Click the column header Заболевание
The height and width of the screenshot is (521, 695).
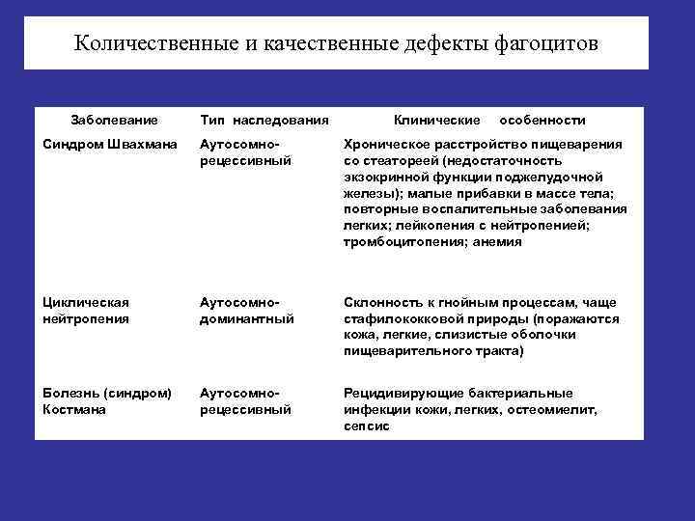coord(114,120)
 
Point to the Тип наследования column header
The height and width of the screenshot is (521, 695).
coord(264,120)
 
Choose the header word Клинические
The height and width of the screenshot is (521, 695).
coord(437,120)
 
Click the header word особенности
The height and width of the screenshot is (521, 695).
coord(543,120)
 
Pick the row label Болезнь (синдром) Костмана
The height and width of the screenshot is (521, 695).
coord(107,400)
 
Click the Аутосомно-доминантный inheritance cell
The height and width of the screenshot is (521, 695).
coord(246,311)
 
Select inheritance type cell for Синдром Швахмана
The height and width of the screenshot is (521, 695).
coord(245,151)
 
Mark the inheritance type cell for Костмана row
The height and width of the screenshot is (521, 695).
coord(245,400)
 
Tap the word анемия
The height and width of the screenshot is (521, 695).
coord(498,242)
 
